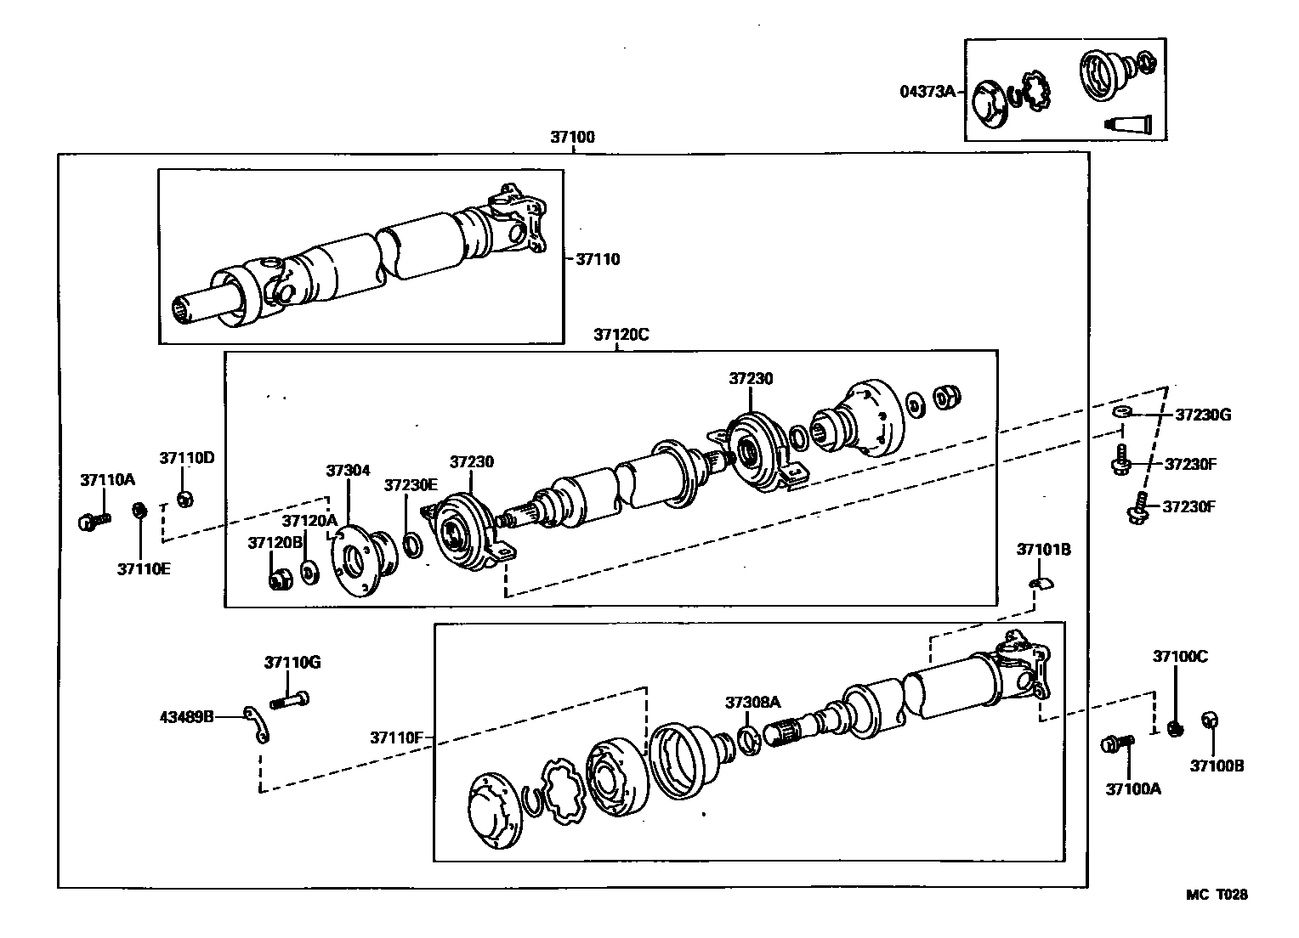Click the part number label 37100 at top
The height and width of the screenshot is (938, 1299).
[x=572, y=137]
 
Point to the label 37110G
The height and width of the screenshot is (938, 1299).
[x=292, y=662]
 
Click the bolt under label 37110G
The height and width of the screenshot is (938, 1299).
[x=290, y=701]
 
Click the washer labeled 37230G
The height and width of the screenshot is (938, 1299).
[x=1122, y=412]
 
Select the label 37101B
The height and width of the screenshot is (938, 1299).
[x=1043, y=550]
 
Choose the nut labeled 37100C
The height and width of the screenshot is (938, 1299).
[x=1175, y=728]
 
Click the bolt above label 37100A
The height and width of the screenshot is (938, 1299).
[x=1117, y=744]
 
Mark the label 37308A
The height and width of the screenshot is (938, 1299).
[x=752, y=702]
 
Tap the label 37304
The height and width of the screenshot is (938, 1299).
[x=348, y=470]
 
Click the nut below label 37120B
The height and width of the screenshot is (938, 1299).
[x=278, y=580]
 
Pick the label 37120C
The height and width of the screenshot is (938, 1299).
[x=621, y=335]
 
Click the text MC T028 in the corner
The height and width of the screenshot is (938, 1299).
[x=1217, y=895]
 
